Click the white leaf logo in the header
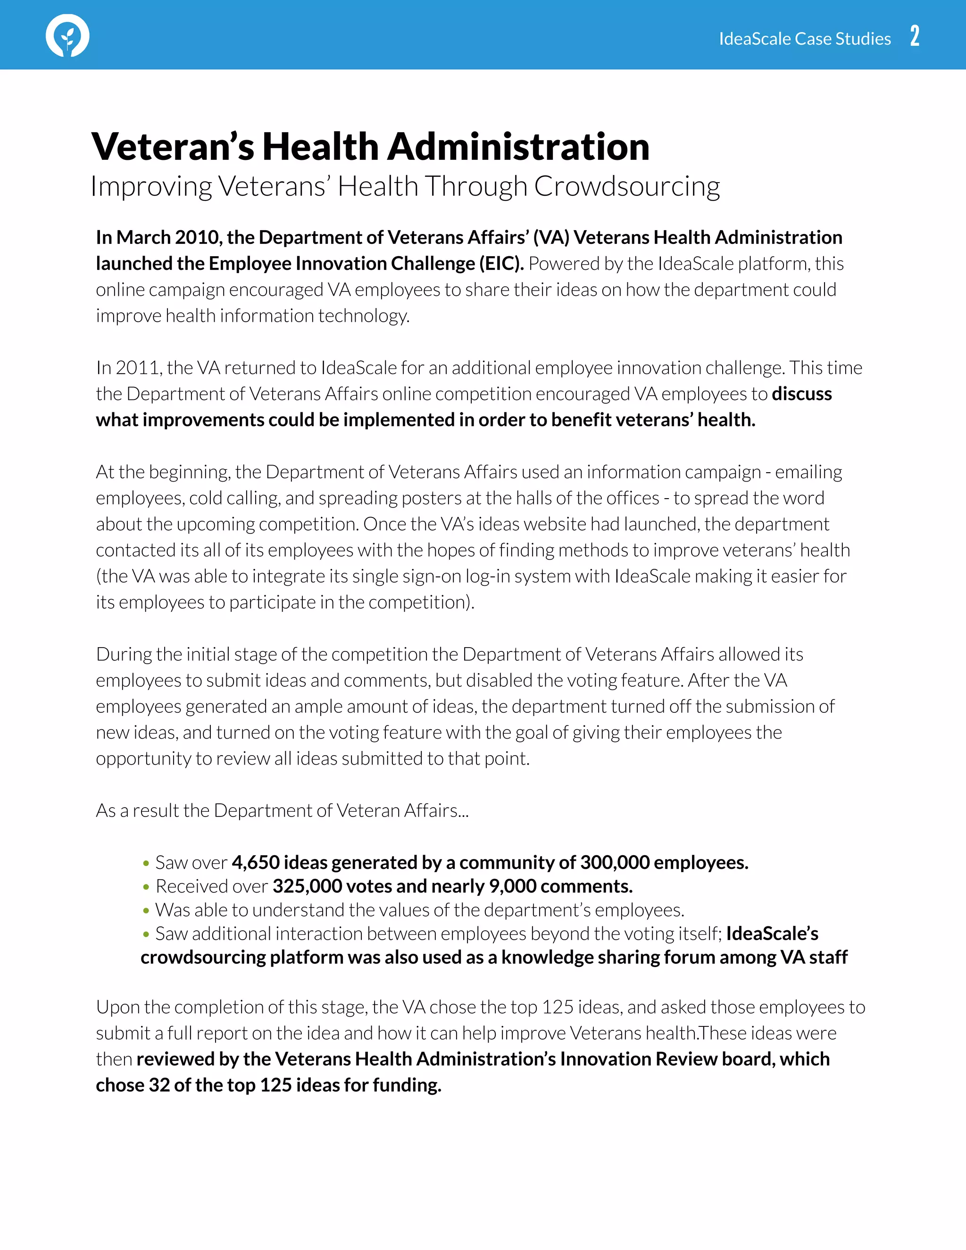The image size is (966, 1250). [67, 35]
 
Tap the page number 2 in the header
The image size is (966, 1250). [915, 36]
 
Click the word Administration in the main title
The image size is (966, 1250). [518, 147]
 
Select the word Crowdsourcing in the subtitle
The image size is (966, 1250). [627, 187]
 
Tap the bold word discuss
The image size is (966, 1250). [801, 394]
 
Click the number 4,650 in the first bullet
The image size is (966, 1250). [255, 862]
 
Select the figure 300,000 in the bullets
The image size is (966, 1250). [615, 862]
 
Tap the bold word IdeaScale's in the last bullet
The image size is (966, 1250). [772, 933]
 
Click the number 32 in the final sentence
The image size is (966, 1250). [159, 1084]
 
